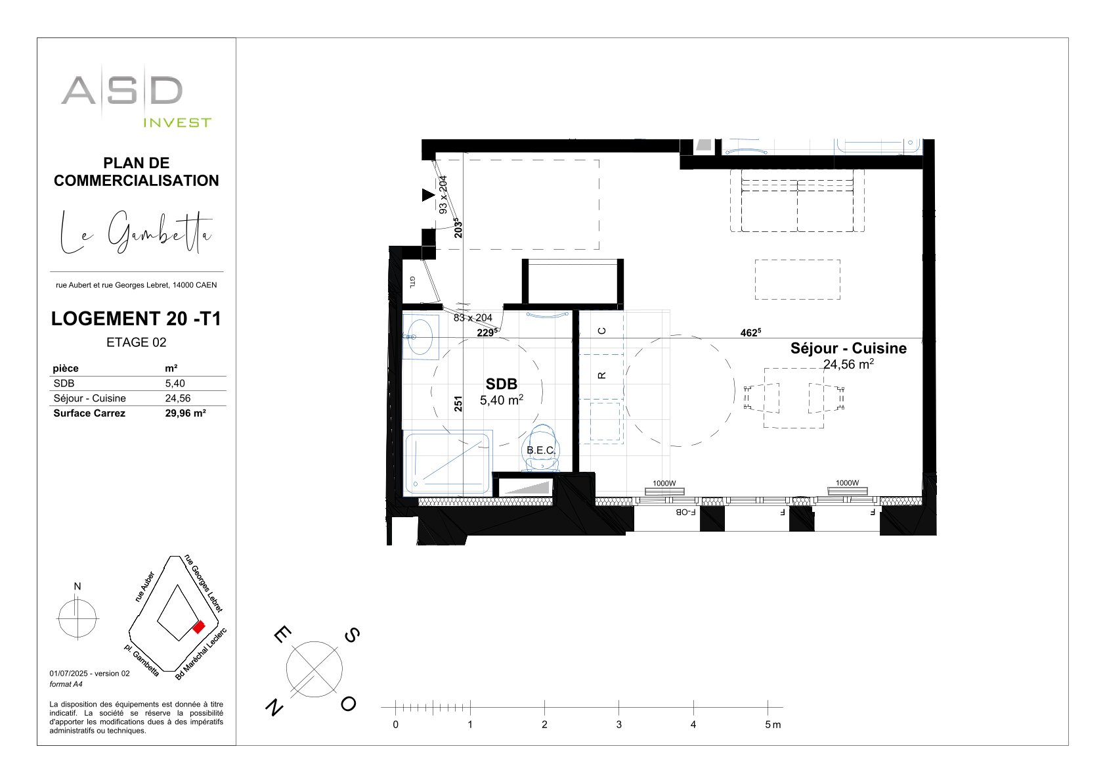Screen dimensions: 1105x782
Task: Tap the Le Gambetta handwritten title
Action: [x=136, y=232]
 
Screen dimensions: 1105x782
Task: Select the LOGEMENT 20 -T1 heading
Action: [x=136, y=319]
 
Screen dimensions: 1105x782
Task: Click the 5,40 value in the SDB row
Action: [x=175, y=384]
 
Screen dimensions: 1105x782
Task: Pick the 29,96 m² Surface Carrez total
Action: [x=185, y=413]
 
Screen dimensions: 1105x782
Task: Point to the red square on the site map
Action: [x=199, y=627]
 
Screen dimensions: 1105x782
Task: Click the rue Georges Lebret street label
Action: [x=204, y=583]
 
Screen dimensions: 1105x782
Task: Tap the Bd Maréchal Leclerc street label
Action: [x=202, y=654]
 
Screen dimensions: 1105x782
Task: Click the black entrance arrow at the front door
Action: [x=428, y=195]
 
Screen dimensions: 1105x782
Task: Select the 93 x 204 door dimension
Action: [x=443, y=195]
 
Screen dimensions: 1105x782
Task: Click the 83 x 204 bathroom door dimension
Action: [x=473, y=318]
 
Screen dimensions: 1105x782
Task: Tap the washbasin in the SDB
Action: [x=420, y=337]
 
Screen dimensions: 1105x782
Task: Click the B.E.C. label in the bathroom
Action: [x=540, y=450]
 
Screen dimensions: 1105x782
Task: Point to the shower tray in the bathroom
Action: [x=447, y=463]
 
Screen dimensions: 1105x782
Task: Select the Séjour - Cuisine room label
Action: [x=848, y=348]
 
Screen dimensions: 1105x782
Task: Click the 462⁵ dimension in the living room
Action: [x=750, y=333]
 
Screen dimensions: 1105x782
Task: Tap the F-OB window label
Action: [x=685, y=512]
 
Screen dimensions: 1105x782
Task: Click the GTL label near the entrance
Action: [x=412, y=282]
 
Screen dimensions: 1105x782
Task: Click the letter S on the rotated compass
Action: [x=352, y=635]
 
